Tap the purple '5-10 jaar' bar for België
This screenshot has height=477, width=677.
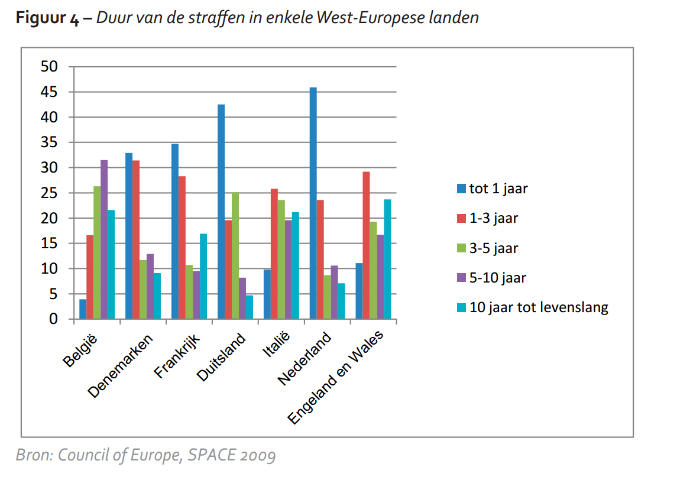pos(104,239)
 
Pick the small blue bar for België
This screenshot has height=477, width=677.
pos(83,309)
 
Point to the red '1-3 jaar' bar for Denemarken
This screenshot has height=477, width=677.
pos(136,239)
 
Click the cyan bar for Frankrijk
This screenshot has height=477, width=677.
pos(203,277)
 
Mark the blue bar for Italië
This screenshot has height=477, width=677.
pos(267,294)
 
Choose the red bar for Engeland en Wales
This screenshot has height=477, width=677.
pos(367,245)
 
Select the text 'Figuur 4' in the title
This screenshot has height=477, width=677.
pos(47,18)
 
